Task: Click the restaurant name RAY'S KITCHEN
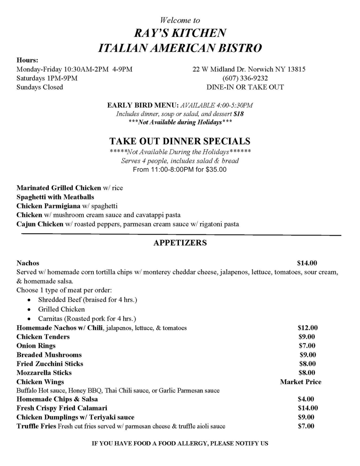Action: [180, 33]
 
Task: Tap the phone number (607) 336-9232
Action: [245, 78]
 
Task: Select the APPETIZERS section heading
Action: [180, 243]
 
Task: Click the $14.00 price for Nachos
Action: [307, 263]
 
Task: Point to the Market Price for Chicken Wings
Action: [300, 382]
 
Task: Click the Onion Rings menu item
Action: [36, 346]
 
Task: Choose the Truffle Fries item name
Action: [36, 426]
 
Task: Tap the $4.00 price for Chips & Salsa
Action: [306, 399]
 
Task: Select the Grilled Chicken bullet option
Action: [61, 309]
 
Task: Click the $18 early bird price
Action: [238, 114]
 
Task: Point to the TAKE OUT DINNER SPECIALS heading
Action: [180, 141]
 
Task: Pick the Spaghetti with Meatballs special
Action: [55, 197]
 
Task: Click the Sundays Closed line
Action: [40, 87]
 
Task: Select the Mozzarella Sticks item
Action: [44, 373]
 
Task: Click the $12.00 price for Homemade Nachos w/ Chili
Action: [307, 328]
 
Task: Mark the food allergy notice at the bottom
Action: [180, 443]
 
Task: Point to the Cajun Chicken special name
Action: [40, 224]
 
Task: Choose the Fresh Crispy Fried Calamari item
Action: [62, 408]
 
